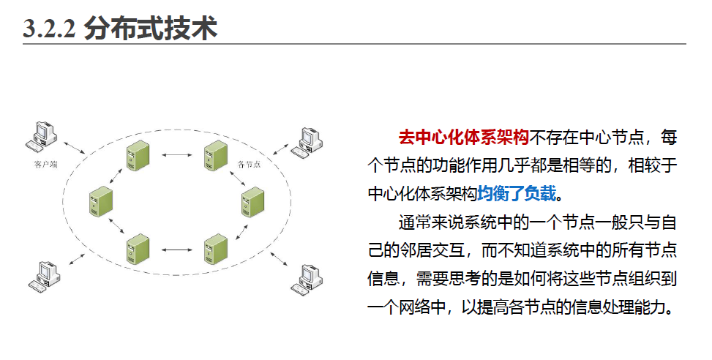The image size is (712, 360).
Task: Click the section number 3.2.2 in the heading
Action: point(49,29)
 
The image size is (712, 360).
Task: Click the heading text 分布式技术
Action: point(151,29)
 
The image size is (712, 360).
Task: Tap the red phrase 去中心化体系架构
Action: point(462,137)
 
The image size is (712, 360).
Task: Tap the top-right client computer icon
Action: point(306,142)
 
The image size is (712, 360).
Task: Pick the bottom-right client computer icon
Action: point(306,279)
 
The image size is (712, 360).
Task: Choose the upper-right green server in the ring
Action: point(216,156)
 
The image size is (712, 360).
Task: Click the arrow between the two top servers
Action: point(176,155)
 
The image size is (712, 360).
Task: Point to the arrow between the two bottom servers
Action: point(176,251)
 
